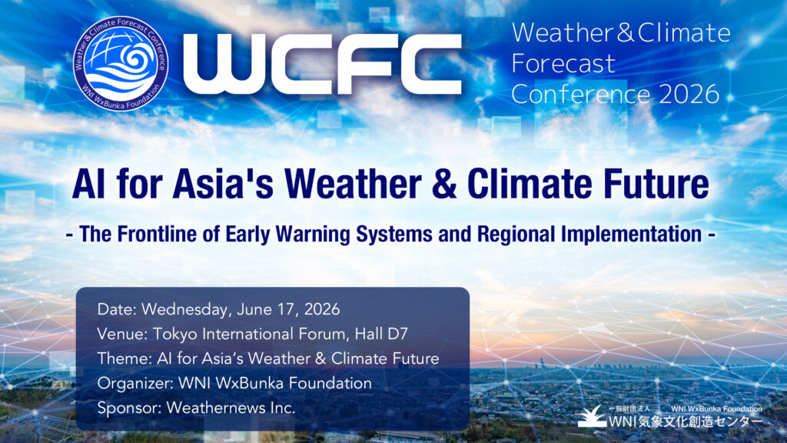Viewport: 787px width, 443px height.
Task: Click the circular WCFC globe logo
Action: pos(121,64)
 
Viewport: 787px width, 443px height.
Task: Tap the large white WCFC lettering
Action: pos(322,64)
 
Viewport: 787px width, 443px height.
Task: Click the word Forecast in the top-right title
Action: pos(563,64)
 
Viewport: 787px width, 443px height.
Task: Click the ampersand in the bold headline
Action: pos(443,184)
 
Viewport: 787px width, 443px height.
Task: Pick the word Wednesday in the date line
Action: pos(184,309)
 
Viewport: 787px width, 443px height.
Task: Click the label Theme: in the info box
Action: pos(125,358)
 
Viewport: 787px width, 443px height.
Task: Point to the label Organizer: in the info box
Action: pos(135,383)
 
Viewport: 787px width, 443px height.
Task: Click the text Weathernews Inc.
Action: pos(231,408)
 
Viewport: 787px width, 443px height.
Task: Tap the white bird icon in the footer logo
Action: pos(593,416)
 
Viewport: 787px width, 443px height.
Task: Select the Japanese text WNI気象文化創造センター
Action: pos(686,421)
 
